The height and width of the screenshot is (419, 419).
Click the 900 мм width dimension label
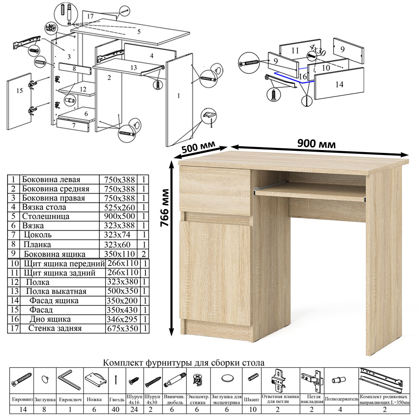pos(316,144)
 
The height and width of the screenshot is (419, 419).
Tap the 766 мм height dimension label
pos(165,208)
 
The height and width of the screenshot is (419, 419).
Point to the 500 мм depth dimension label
pos(198,147)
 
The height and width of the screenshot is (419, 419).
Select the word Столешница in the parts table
pos(45,216)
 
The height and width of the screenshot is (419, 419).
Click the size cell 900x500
pos(119,216)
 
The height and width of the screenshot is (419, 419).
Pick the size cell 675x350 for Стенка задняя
pos(123,328)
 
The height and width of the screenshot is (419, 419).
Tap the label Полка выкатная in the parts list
pos(56,291)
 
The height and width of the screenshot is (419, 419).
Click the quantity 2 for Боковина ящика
pos(144,253)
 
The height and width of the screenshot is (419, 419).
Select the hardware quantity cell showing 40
pos(116,409)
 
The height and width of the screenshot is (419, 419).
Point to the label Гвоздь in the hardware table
pos(117,400)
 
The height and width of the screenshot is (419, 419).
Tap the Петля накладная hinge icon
pos(312,380)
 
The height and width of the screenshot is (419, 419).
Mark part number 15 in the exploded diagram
pos(20,91)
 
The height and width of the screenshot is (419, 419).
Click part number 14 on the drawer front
pos(339,85)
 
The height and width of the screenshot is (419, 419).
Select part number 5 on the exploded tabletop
pos(139,32)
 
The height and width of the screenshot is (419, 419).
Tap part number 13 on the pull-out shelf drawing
pos(134,67)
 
